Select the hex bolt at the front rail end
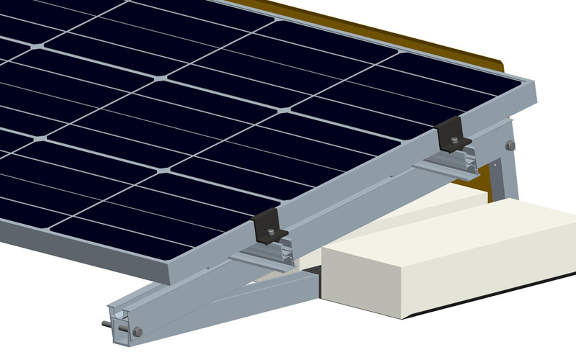138,331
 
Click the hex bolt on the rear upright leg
510,145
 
